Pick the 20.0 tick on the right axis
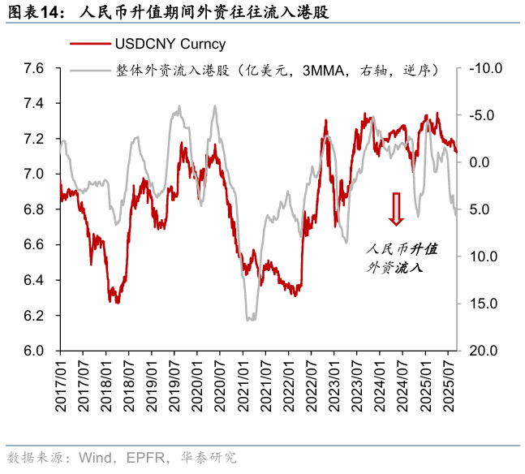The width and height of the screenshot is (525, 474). pos(485,351)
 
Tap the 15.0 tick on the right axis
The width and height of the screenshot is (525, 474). pos(485,304)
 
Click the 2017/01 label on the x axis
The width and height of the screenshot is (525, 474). pos(60,380)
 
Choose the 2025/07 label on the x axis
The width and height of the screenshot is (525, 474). pos(450,380)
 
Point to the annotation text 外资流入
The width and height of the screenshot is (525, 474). pos(397,265)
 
